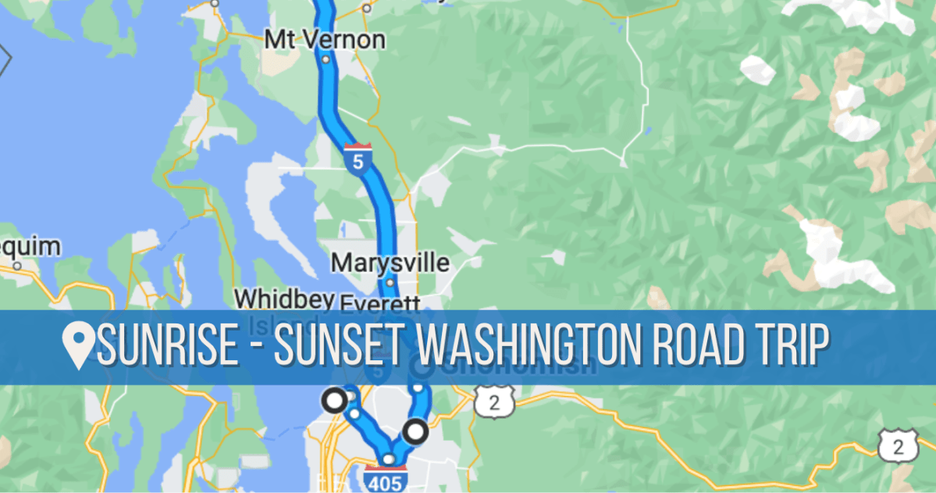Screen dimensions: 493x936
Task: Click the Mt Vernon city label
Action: [325, 38]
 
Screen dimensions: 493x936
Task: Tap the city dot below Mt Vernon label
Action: [326, 59]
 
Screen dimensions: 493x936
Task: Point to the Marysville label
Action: [390, 262]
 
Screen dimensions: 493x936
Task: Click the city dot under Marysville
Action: [390, 282]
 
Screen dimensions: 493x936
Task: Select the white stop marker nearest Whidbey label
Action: [335, 400]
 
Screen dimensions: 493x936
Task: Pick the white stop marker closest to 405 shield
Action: [415, 430]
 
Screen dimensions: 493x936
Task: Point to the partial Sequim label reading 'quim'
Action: [31, 248]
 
